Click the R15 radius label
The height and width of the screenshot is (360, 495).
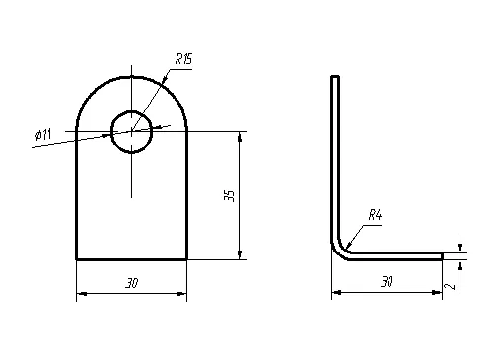183,59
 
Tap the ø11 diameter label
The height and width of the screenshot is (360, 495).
43,134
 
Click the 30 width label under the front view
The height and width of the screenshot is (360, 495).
132,283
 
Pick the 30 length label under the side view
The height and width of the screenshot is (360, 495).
387,282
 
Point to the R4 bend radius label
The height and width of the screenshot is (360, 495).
375,215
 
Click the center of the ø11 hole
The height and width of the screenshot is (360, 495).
132,131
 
